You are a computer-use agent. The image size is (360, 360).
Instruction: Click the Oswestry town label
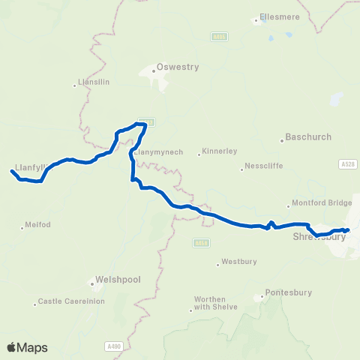[178, 67]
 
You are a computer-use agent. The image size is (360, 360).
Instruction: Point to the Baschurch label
[309, 137]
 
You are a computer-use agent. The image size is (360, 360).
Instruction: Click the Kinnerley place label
[219, 153]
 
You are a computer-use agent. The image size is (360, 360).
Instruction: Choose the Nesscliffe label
[262, 167]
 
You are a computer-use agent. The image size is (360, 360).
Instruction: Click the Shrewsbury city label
[319, 237]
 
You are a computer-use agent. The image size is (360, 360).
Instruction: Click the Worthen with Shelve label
[215, 303]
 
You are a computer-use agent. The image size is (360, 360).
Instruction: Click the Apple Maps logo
[27, 347]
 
